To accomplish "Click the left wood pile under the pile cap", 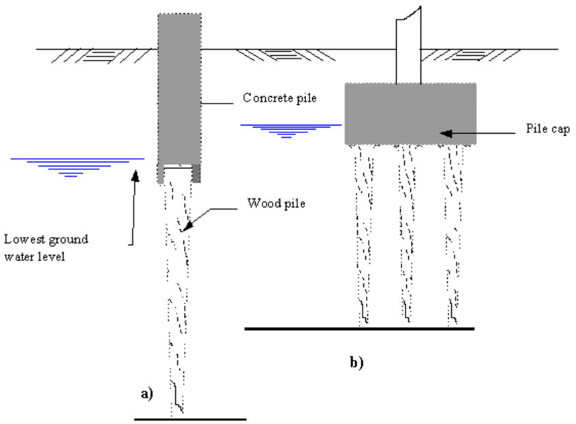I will click(x=363, y=232).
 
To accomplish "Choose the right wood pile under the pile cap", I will click(x=451, y=232).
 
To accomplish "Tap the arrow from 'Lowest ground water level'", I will click(x=133, y=205).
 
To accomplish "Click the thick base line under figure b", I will click(x=359, y=329).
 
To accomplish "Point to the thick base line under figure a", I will click(x=190, y=419).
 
